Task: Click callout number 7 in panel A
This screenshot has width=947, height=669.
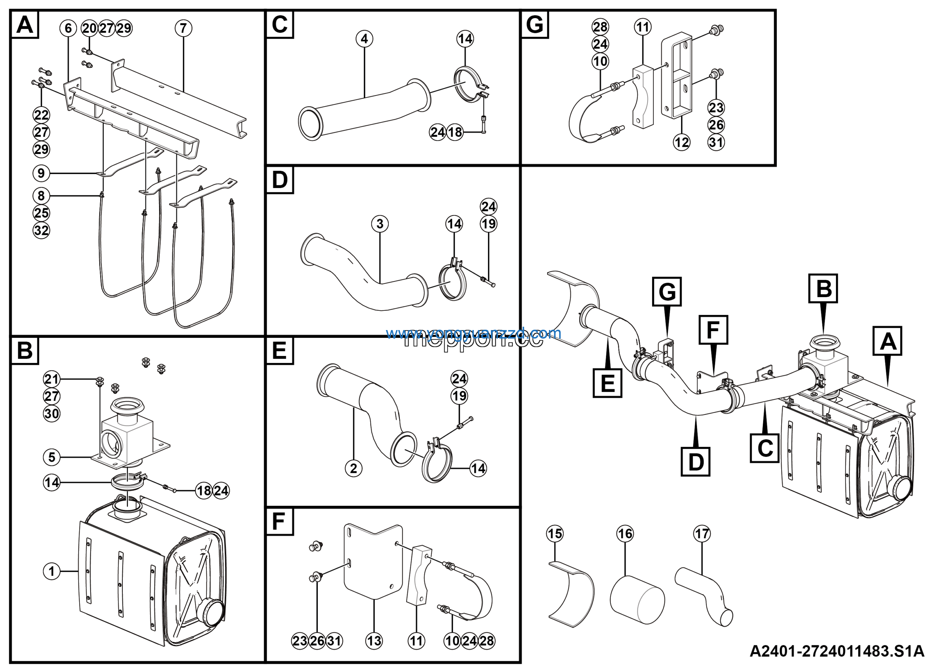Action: coord(183,28)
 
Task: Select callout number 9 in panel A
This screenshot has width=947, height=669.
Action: coord(41,173)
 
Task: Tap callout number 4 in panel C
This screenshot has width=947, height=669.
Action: coord(364,39)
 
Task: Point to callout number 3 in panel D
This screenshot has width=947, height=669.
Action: coord(380,224)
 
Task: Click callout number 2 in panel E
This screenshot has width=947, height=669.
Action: coord(354,468)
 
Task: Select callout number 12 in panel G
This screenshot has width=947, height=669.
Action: coord(681,142)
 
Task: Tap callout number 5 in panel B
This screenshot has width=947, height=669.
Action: coord(51,457)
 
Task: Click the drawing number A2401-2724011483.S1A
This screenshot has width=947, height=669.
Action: coord(837,652)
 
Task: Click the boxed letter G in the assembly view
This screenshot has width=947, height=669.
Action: coord(667,292)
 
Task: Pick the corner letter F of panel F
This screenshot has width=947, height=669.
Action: coord(279,522)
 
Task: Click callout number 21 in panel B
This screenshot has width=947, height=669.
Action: coord(51,379)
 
